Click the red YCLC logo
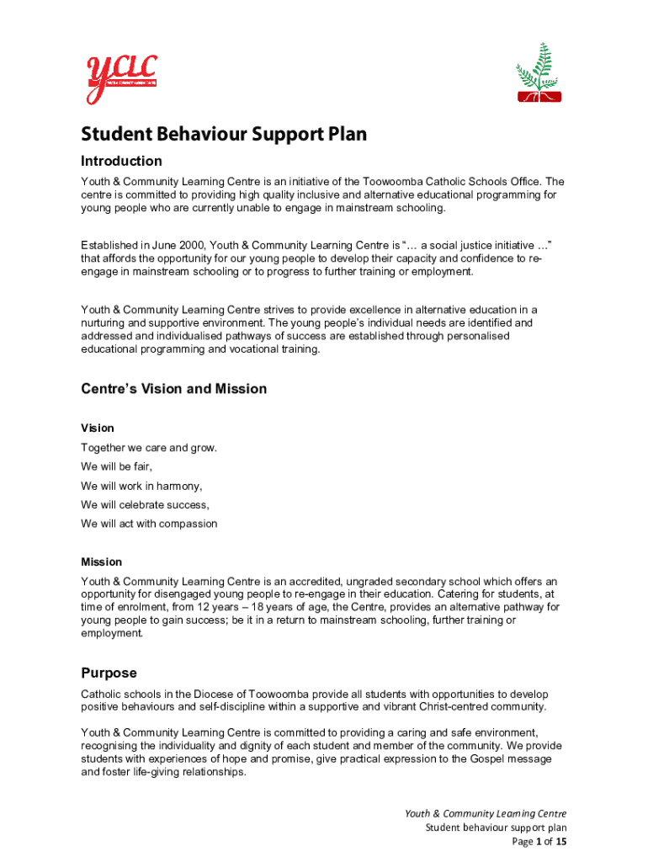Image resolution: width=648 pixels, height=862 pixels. tap(120, 78)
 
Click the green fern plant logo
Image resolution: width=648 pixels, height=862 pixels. tap(538, 73)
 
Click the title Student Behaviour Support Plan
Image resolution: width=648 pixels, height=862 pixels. tap(224, 135)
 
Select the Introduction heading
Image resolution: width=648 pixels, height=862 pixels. tap(121, 161)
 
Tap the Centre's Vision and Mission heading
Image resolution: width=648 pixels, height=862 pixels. tap(173, 389)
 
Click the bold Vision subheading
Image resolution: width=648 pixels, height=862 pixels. tap(98, 428)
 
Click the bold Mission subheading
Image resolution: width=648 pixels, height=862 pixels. tap(101, 561)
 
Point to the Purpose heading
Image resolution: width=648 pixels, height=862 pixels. tap(109, 673)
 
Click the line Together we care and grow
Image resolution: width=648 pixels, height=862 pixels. tap(149, 448)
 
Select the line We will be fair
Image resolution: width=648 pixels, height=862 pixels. tap(117, 466)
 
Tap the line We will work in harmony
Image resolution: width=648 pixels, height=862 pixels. tap(141, 486)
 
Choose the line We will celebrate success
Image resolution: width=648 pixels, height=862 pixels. tap(145, 505)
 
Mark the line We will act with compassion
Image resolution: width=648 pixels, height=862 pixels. tap(149, 524)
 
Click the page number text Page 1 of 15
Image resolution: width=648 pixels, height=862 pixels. tap(539, 842)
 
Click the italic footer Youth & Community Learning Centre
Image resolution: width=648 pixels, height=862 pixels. tap(486, 813)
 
